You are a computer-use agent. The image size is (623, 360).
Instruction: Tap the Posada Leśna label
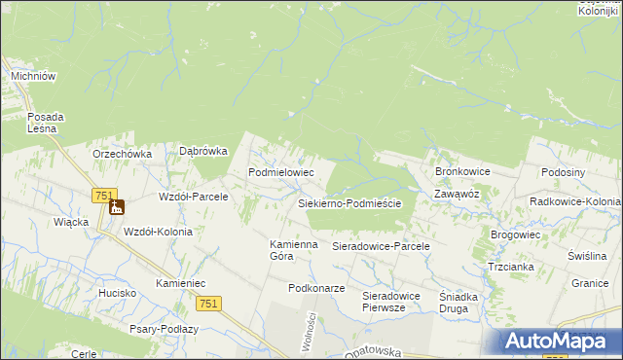[45, 122]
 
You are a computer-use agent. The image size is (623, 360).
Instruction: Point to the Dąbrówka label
[203, 151]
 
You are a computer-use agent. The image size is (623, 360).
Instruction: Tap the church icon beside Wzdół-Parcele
[117, 206]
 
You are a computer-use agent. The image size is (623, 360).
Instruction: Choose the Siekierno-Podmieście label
[356, 204]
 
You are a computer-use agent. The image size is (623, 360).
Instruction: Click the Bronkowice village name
[462, 171]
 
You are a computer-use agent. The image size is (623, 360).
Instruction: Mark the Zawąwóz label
[458, 194]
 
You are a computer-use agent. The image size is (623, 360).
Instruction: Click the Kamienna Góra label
[294, 250]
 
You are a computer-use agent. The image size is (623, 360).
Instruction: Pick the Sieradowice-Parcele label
[382, 247]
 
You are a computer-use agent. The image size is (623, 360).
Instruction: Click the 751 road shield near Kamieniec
[208, 304]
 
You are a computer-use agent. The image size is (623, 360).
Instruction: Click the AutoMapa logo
[560, 341]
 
